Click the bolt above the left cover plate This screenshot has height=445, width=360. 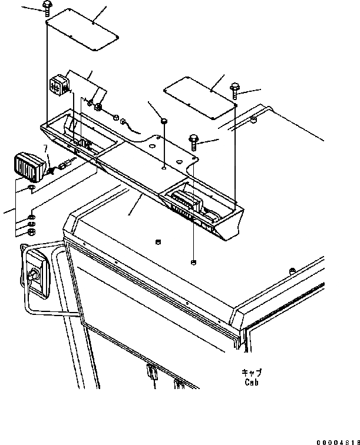(47, 8)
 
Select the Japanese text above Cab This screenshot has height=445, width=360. (251, 373)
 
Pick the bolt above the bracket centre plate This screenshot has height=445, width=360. (194, 140)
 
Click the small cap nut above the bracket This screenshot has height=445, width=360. (163, 120)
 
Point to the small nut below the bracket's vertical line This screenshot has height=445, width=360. (194, 261)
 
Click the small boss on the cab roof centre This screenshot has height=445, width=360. (157, 241)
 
